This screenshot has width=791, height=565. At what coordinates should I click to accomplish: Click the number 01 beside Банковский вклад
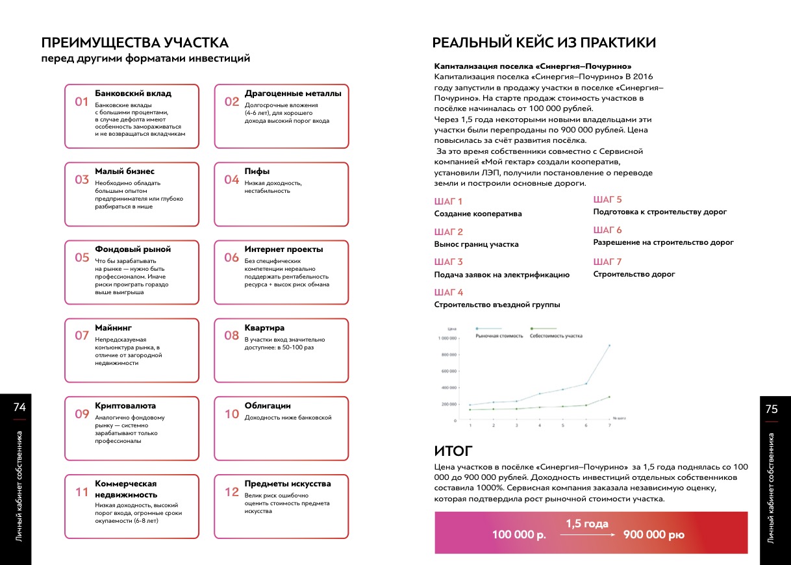tap(81, 101)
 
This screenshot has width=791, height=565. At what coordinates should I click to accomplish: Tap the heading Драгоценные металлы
tap(292, 94)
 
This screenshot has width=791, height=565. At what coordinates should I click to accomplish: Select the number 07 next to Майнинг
tap(81, 336)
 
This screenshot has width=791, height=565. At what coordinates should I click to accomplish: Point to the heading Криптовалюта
tap(125, 406)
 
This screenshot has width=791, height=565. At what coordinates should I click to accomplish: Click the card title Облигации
tap(268, 406)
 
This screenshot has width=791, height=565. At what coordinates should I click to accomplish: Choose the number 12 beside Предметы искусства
tap(232, 492)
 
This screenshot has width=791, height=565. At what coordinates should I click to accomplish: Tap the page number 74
tap(19, 408)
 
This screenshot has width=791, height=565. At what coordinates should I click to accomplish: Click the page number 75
tap(772, 409)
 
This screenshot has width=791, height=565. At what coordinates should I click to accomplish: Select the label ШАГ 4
tap(449, 292)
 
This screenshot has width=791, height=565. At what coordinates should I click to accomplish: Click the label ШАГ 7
tap(608, 262)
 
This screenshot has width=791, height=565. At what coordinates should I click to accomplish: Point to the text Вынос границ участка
tap(476, 244)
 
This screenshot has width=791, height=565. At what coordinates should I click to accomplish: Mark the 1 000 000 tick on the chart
tap(447, 338)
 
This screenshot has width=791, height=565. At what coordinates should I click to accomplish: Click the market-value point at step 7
tap(609, 345)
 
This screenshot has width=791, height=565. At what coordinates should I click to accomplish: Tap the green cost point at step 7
tap(609, 397)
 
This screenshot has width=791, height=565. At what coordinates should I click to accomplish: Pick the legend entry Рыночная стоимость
tap(499, 336)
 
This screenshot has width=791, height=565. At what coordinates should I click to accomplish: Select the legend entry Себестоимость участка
tap(555, 336)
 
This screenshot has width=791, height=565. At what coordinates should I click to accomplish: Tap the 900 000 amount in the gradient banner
tap(653, 535)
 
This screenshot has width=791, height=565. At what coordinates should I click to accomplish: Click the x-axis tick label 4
tap(540, 426)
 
